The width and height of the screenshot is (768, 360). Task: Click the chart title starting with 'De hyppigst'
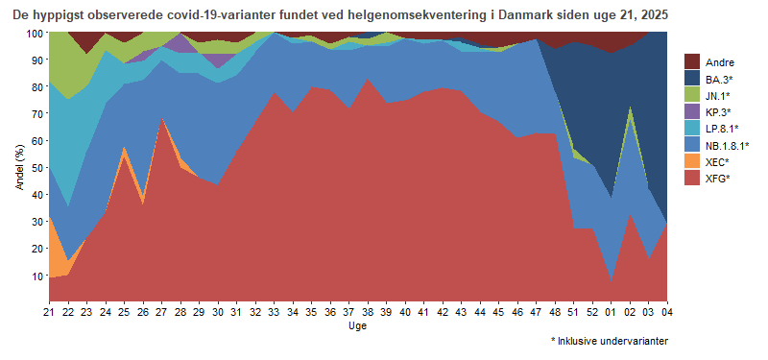click(x=337, y=16)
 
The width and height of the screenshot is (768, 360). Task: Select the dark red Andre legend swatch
click(x=690, y=61)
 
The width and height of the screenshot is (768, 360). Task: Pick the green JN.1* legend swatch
click(x=690, y=95)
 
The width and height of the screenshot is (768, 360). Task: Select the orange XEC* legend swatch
click(x=690, y=162)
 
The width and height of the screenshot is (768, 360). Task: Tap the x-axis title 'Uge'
click(x=356, y=326)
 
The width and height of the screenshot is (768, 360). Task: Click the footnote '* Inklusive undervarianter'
click(x=610, y=341)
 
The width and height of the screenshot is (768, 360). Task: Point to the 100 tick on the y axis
click(x=36, y=33)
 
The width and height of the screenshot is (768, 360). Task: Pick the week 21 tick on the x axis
click(x=49, y=312)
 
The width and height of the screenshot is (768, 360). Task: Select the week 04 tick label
click(x=667, y=312)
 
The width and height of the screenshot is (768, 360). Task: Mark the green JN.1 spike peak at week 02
click(x=630, y=108)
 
